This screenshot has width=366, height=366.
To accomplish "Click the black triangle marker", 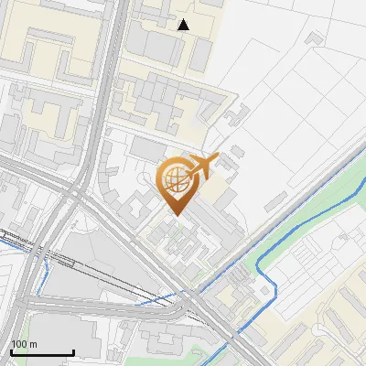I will (184, 25).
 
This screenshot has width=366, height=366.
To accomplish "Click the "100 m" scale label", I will (25, 344).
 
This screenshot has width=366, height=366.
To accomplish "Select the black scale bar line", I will (42, 353).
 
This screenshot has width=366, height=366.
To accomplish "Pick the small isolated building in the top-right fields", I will (316, 38).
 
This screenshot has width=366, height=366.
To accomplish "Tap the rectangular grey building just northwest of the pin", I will (146, 147).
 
